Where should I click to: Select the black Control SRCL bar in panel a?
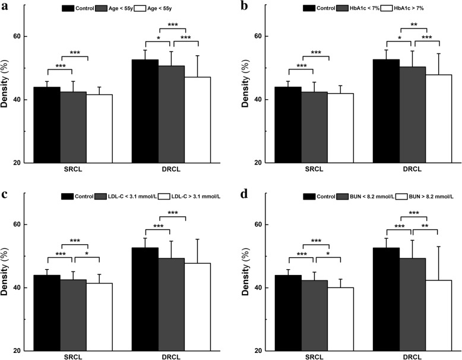tap(50, 125)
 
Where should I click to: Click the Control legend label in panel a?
tap(87, 8)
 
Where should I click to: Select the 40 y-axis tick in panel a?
tap(21, 100)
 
